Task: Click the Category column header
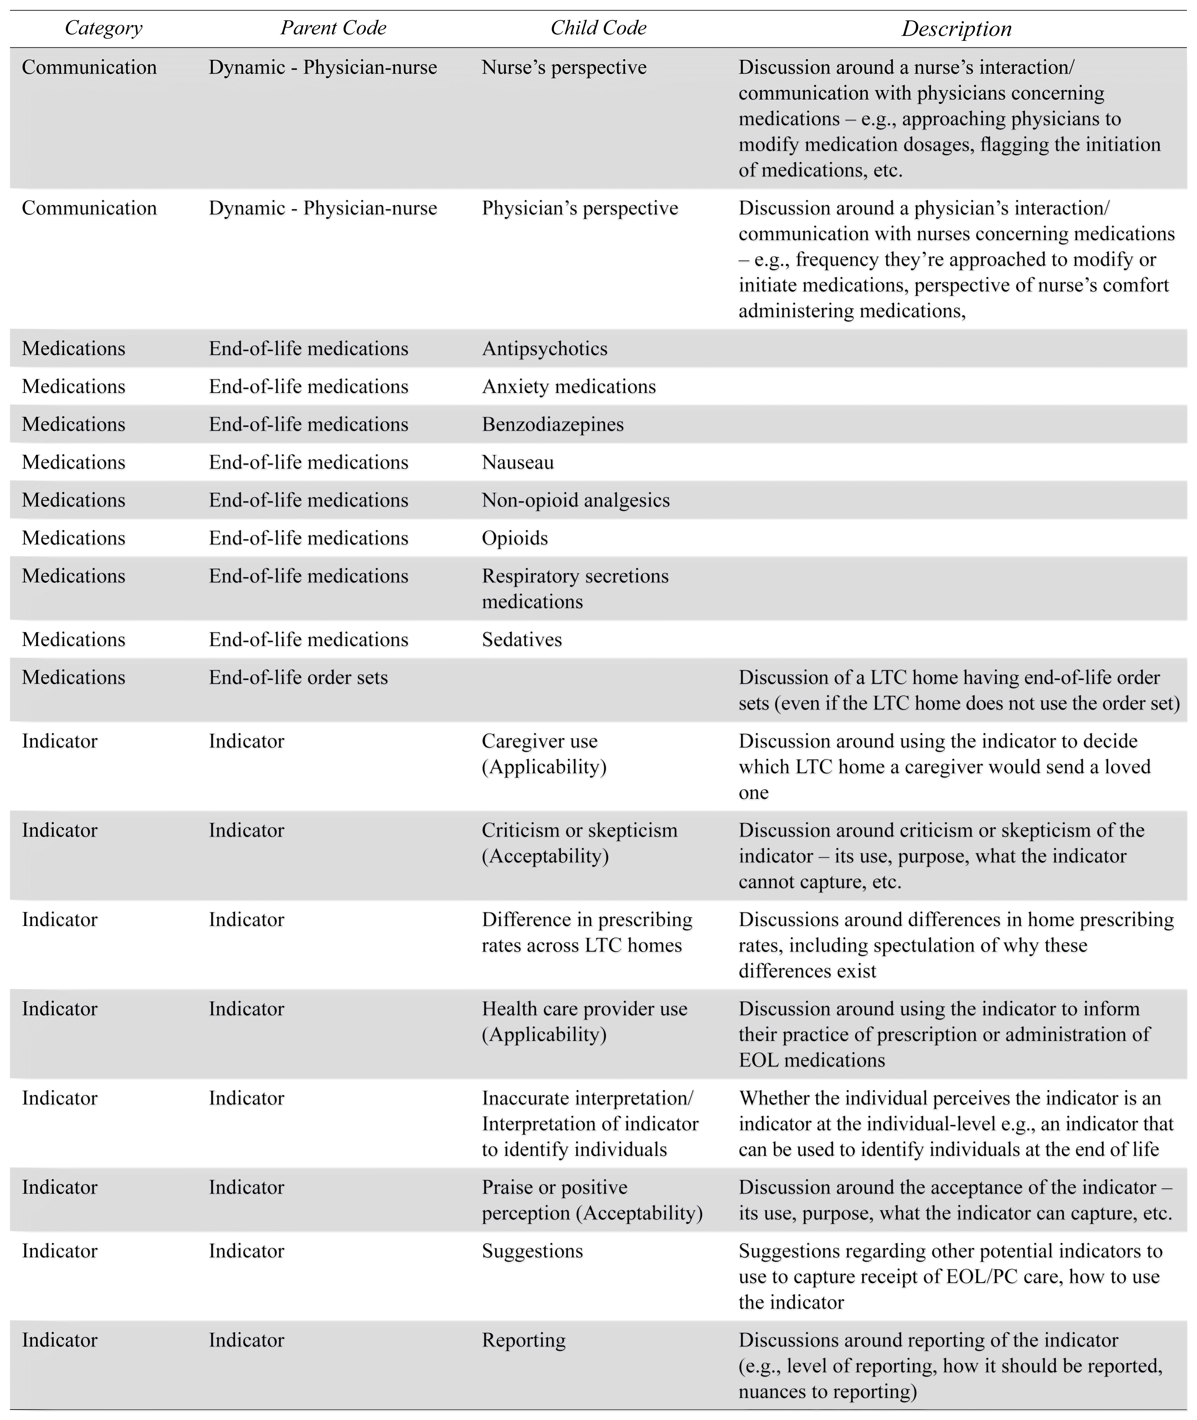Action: (x=103, y=28)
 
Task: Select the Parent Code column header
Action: (x=333, y=28)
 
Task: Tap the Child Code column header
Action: (x=598, y=28)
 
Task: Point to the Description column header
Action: (x=956, y=29)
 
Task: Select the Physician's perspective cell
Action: (x=579, y=208)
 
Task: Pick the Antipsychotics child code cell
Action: (x=544, y=349)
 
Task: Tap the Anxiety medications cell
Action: (x=569, y=387)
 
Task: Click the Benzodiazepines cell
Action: (x=552, y=424)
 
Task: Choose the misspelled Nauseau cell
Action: (x=518, y=462)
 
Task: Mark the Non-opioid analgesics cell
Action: (x=575, y=500)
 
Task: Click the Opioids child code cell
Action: (x=514, y=538)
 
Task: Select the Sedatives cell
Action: (x=522, y=640)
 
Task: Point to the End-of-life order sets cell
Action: (x=298, y=678)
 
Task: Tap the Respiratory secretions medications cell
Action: (x=575, y=589)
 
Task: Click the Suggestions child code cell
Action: (x=532, y=1251)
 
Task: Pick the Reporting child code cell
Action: (x=523, y=1341)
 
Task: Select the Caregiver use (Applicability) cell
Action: (x=544, y=754)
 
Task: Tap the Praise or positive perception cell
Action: (x=592, y=1200)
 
